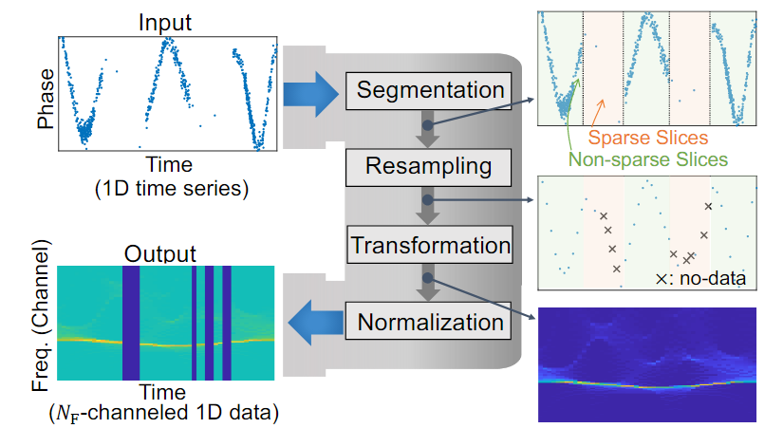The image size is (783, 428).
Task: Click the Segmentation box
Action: pos(430,91)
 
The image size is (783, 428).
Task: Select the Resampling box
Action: pos(430,167)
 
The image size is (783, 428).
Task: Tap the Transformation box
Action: pos(430,244)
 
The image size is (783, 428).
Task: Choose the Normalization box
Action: pos(430,321)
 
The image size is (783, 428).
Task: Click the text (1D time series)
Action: pos(172,188)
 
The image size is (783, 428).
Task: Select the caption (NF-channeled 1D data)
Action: pos(166,415)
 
